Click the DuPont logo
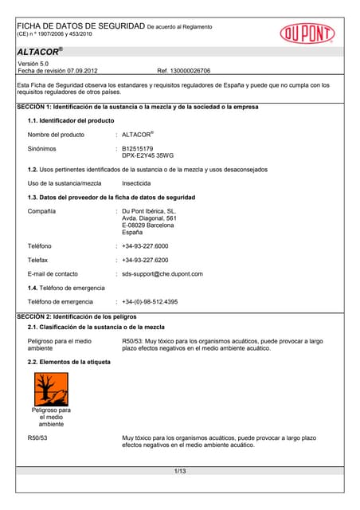(x=307, y=33)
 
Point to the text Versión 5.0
(x=33, y=63)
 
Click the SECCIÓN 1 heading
(x=138, y=107)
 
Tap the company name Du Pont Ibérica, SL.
(x=149, y=211)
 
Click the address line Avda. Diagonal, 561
(x=149, y=218)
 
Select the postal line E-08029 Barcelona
(x=148, y=226)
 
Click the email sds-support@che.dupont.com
(x=162, y=274)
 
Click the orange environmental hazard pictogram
(x=50, y=390)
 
